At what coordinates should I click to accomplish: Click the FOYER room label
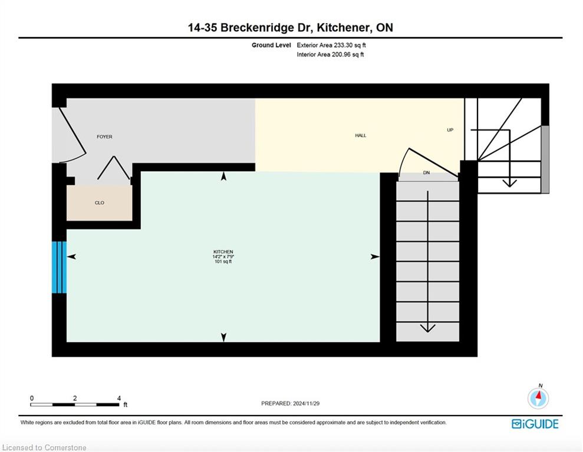pyautogui.click(x=104, y=137)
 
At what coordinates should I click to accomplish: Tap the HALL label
pyautogui.click(x=361, y=135)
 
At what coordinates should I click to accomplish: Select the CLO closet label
pyautogui.click(x=99, y=202)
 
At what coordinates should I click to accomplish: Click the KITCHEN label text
pyautogui.click(x=223, y=252)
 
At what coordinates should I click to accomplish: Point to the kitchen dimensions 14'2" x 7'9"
pyautogui.click(x=223, y=257)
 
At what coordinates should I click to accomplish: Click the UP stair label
pyautogui.click(x=450, y=130)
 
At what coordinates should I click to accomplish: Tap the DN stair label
pyautogui.click(x=426, y=172)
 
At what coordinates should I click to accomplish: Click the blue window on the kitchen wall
pyautogui.click(x=59, y=267)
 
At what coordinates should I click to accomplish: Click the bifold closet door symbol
pyautogui.click(x=114, y=168)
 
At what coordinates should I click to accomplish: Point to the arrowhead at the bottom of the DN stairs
pyautogui.click(x=427, y=328)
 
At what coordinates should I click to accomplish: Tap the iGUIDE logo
pyautogui.click(x=535, y=424)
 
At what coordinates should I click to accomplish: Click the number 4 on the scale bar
pyautogui.click(x=119, y=398)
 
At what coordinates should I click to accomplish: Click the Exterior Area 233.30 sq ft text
pyautogui.click(x=331, y=45)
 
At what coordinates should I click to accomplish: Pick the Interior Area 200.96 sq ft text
pyautogui.click(x=330, y=55)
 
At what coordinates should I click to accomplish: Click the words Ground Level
pyautogui.click(x=271, y=45)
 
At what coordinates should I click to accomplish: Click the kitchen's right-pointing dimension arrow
pyautogui.click(x=375, y=257)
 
